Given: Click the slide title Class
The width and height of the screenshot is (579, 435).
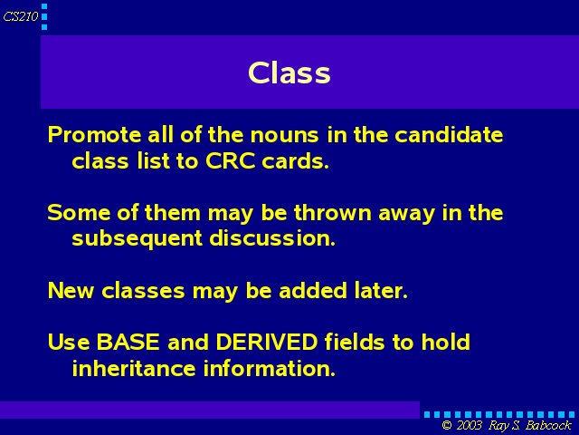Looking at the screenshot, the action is click(289, 72).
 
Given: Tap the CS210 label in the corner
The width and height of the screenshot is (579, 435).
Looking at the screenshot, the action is click(21, 16).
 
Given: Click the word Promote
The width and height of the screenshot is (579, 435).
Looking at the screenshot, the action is click(94, 134).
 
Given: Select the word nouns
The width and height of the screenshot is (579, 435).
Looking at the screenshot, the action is click(284, 135).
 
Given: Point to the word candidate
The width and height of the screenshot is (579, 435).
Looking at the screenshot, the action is click(449, 134).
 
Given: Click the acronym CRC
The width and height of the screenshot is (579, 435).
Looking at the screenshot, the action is click(230, 161).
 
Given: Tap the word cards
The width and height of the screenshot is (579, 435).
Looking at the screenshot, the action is click(295, 161).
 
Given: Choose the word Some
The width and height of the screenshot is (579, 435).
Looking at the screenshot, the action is click(79, 212).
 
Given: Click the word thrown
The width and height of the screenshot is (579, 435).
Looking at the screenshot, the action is click(332, 212).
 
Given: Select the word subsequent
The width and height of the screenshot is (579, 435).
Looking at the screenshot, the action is click(137, 238).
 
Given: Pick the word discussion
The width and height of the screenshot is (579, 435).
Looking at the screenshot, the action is click(272, 237).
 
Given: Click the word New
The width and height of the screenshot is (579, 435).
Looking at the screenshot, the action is click(71, 290).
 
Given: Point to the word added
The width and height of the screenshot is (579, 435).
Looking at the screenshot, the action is click(313, 290).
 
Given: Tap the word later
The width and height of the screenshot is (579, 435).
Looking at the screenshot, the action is click(381, 290).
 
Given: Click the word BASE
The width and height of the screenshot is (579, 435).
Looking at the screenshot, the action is click(128, 342).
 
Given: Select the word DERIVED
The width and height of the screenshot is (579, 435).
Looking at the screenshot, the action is click(267, 342).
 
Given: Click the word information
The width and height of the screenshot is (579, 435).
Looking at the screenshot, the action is click(270, 368).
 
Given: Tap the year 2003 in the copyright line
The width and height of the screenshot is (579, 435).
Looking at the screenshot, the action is click(469, 425).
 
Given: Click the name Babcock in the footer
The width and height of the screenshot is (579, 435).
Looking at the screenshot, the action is click(548, 425).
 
